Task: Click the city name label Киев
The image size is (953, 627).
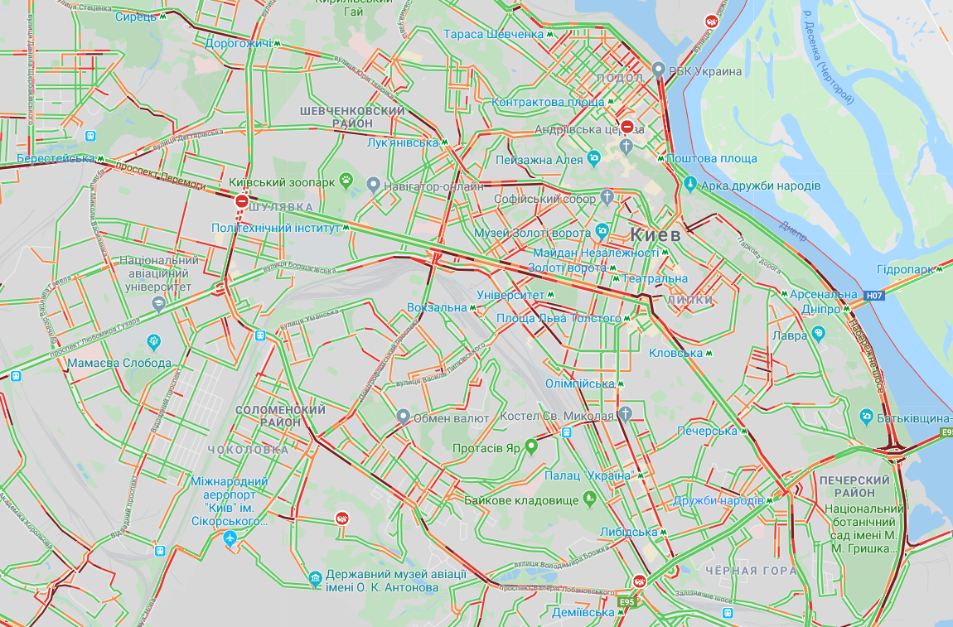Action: click(x=655, y=234)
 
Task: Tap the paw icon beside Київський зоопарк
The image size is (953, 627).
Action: click(x=346, y=180)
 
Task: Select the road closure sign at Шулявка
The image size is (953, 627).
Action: click(x=242, y=200)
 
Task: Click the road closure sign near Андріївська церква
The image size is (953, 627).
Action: click(x=627, y=127)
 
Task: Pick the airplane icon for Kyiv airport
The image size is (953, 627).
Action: click(x=230, y=538)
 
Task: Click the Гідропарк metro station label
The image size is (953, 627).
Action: click(x=905, y=269)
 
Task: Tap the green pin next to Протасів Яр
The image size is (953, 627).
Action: click(x=531, y=447)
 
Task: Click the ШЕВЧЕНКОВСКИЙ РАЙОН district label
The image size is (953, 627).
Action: click(x=352, y=117)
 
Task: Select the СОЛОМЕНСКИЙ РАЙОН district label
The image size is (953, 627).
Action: click(x=281, y=416)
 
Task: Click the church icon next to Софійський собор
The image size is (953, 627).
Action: click(x=607, y=198)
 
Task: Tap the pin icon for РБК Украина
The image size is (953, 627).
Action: click(x=659, y=70)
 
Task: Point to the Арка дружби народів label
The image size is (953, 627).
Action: click(x=761, y=186)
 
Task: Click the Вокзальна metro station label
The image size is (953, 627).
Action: click(x=438, y=307)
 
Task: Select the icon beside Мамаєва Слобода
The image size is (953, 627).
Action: click(x=153, y=341)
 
